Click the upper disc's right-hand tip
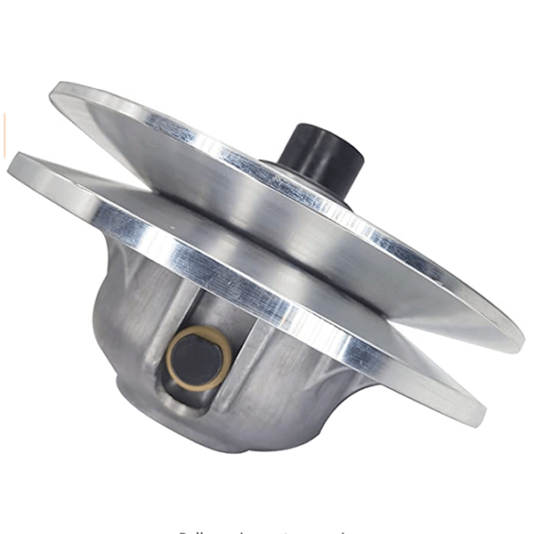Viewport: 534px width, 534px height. click(x=520, y=343)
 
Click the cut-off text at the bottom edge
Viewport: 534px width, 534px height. click(x=267, y=530)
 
